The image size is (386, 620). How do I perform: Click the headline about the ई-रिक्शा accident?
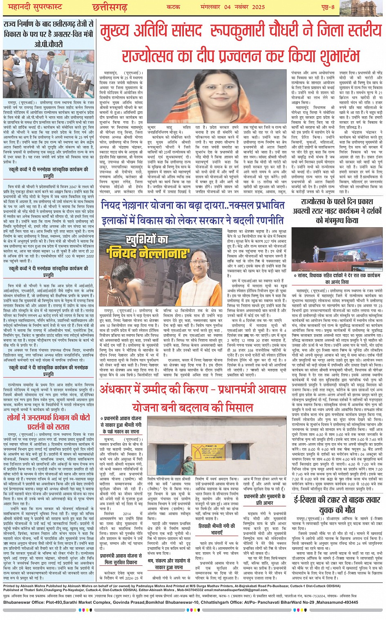point(337,504)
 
